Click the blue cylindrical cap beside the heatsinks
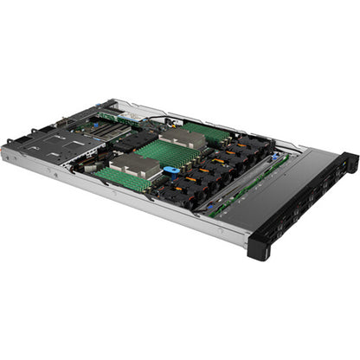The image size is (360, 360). click(171, 170)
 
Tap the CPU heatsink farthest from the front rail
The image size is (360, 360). click(181, 138)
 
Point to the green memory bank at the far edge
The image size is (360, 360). click(207, 132)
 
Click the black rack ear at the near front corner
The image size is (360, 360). click(260, 247)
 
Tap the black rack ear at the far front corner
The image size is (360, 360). click(349, 162)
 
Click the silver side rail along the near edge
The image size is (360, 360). click(130, 199)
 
